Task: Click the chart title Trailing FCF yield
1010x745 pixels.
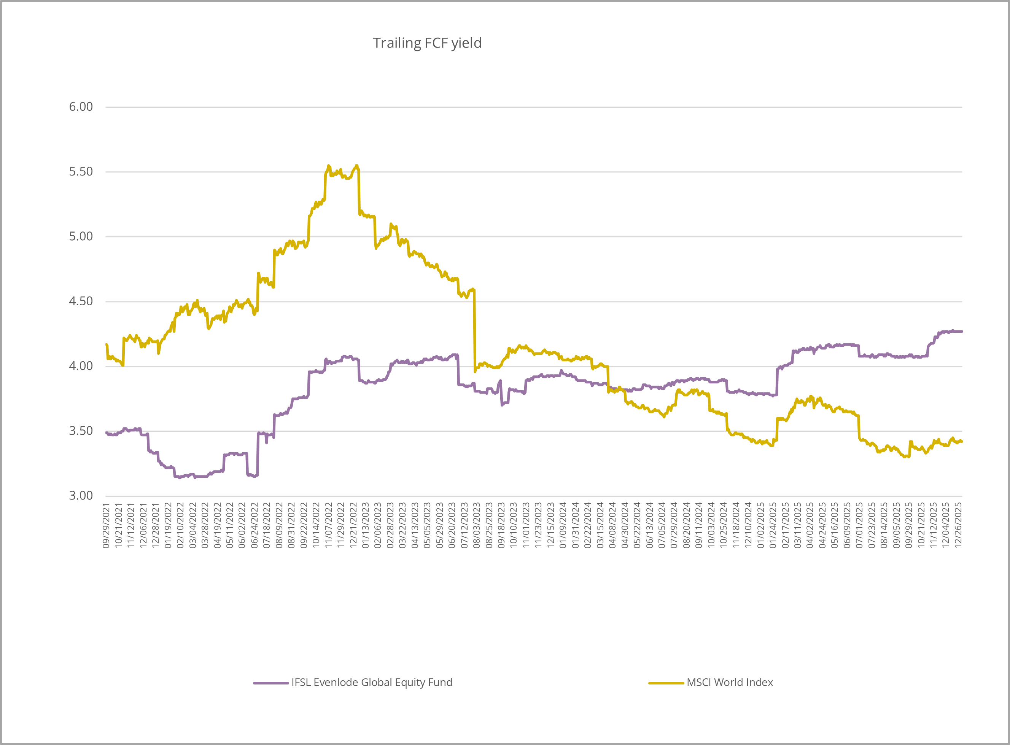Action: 427,43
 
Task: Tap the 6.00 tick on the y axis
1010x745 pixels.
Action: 81,107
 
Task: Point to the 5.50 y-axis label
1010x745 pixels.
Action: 81,172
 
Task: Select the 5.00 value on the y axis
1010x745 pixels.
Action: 81,236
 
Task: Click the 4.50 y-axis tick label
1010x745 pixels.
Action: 81,301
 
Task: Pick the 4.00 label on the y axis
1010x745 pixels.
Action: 81,366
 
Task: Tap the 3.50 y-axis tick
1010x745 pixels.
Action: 81,431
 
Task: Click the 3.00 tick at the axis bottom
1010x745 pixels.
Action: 81,496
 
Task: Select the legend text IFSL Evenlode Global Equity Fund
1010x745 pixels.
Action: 371,682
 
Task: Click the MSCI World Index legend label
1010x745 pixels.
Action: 730,682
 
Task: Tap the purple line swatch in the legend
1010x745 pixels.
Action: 271,683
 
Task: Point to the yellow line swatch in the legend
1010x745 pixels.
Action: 666,683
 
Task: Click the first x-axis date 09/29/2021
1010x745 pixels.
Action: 107,526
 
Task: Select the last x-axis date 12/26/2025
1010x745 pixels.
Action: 958,526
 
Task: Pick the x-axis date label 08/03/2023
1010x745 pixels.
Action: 477,526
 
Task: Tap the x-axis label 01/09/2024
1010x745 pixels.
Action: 563,526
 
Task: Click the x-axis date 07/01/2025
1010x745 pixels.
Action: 859,526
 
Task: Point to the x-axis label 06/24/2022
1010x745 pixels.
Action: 254,526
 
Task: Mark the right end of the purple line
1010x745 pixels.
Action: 962,332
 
